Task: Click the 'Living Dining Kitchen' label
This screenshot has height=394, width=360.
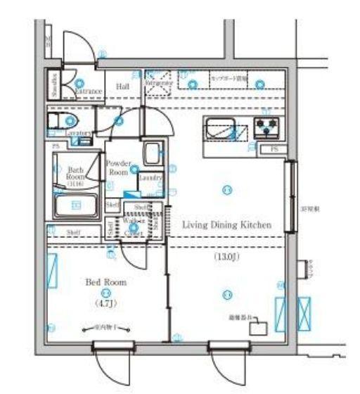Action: [226, 225]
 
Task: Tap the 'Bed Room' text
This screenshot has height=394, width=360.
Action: [105, 281]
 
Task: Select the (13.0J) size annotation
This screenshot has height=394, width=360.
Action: [226, 257]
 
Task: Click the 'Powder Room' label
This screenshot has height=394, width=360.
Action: [118, 167]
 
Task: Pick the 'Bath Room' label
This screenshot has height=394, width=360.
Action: [76, 174]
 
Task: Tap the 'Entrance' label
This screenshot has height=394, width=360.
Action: [89, 91]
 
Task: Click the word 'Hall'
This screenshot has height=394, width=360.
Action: [122, 87]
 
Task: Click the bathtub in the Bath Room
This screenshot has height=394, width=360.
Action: [76, 205]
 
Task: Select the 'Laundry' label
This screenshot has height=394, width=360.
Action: [150, 178]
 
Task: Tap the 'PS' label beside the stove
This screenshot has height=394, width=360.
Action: [273, 150]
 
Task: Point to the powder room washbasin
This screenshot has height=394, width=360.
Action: [152, 153]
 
